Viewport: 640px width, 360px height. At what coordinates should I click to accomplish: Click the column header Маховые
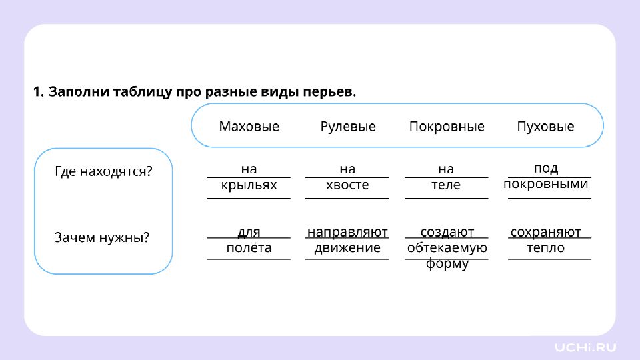coord(249,127)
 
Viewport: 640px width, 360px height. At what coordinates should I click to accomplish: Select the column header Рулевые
coord(348,127)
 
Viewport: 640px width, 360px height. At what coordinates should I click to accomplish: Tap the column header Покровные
coord(447,127)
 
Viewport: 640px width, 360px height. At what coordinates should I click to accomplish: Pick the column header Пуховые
coord(545,127)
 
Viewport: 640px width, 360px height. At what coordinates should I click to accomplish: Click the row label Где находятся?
coord(103,171)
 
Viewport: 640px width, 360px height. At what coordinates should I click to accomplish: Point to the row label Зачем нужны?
coord(102,237)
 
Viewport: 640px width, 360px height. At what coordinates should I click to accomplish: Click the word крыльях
coord(249,185)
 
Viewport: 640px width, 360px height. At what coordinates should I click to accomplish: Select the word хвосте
coord(347,185)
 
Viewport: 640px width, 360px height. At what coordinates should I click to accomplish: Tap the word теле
coord(446,185)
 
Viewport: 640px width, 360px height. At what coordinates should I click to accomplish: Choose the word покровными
coord(546,184)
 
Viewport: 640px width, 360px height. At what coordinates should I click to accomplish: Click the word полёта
coord(249,248)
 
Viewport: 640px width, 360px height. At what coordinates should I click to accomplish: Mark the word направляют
coord(347,232)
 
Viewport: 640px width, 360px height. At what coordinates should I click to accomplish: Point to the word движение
coord(347,248)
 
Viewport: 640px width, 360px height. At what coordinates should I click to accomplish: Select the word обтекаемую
coord(447,248)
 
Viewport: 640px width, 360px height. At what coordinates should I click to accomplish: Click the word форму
coord(447,264)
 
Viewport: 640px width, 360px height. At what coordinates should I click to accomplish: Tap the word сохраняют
coord(546,232)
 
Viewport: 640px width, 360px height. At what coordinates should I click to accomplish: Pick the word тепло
coord(546,248)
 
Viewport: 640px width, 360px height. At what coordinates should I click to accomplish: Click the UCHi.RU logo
coord(585,347)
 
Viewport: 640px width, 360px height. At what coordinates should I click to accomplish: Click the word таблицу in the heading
coord(143,92)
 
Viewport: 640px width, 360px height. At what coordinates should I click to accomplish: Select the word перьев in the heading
coord(329,92)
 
